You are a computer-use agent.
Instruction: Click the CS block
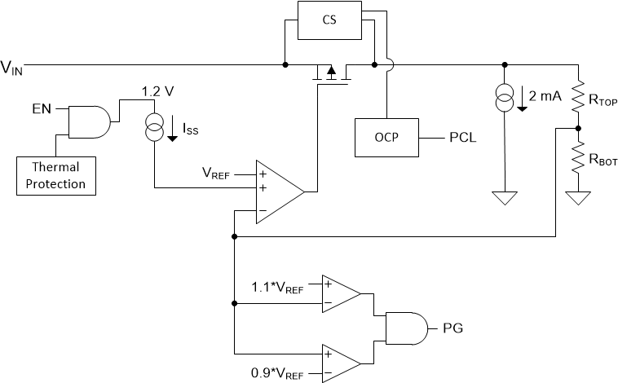(329, 20)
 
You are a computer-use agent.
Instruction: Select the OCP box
(386, 137)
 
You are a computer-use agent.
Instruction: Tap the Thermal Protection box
(55, 176)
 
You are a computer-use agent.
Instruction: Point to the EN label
(42, 108)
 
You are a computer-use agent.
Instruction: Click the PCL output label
(461, 137)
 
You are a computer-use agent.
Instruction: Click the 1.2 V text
(157, 92)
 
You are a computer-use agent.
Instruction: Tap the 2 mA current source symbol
(506, 99)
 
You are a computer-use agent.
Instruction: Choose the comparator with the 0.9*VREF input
(342, 363)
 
